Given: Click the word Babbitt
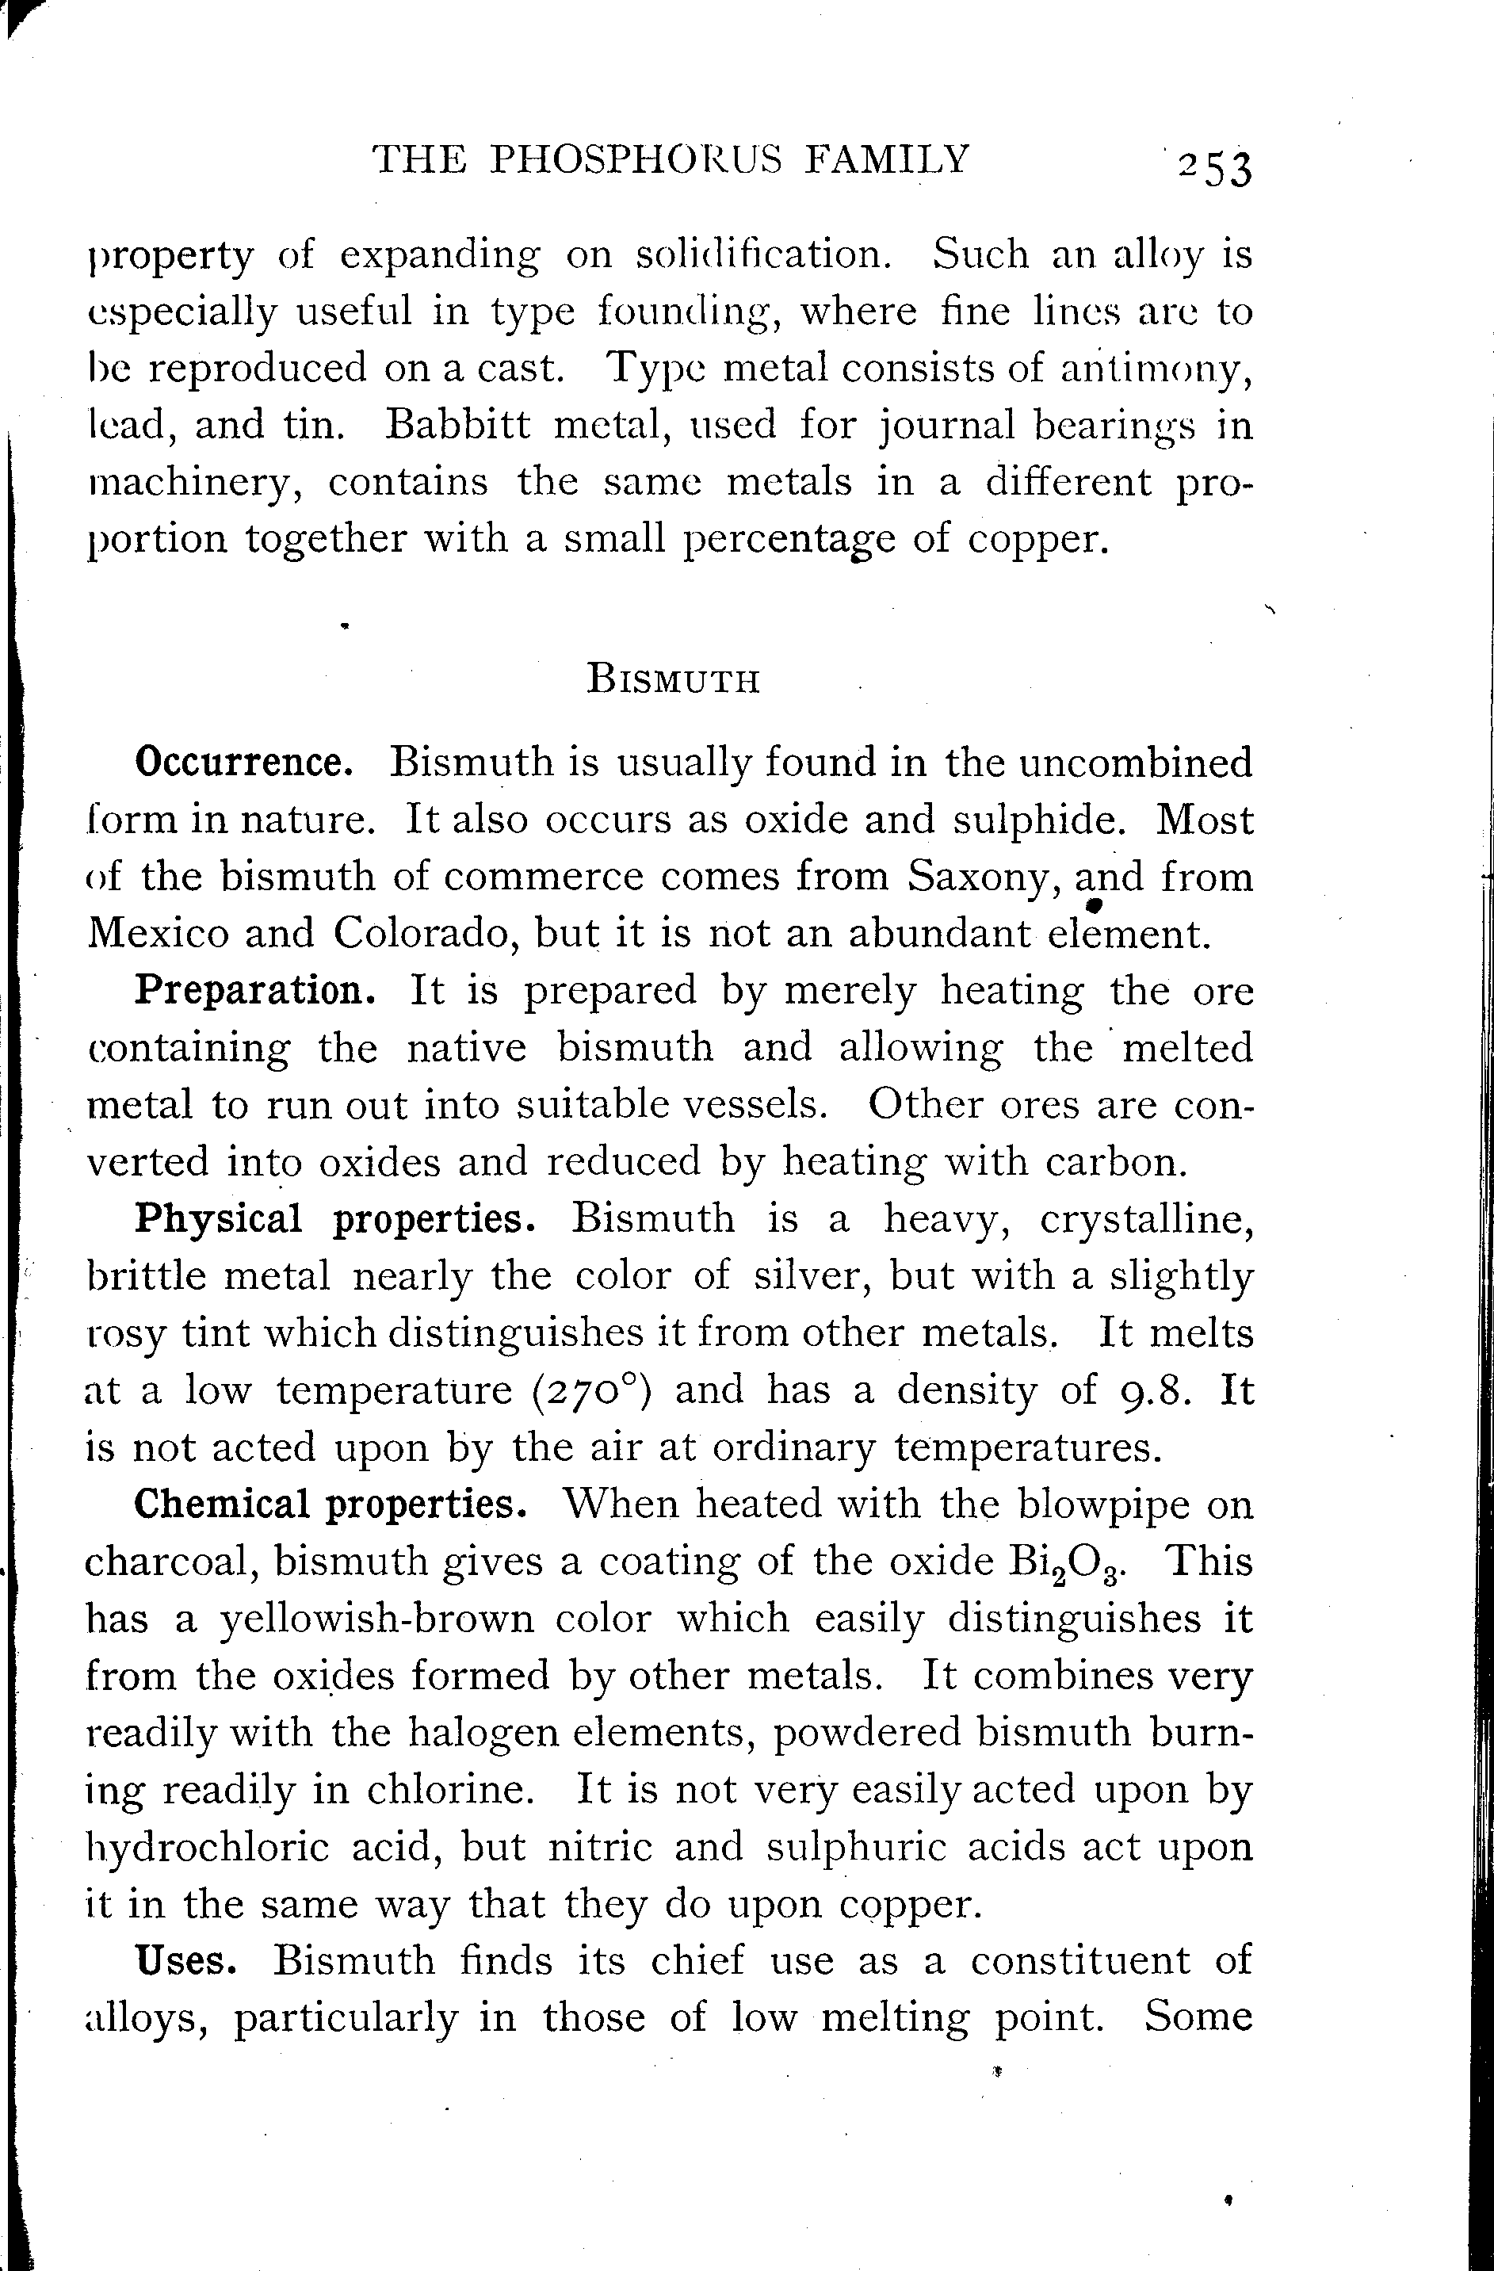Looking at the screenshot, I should [x=458, y=425].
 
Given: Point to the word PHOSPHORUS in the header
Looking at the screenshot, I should [x=636, y=159].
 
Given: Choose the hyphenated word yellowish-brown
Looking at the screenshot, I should [x=376, y=1619].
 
